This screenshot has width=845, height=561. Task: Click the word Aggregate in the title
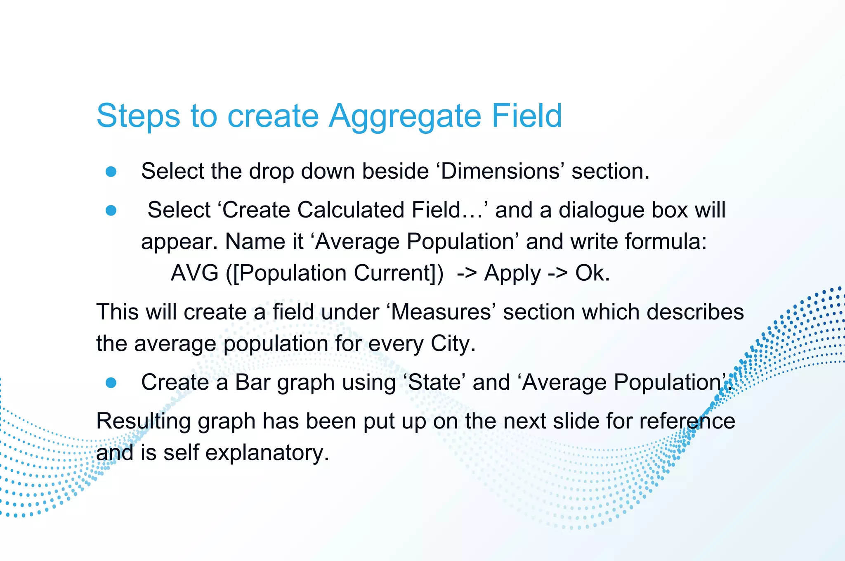tap(405, 116)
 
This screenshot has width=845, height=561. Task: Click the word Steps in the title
tap(138, 116)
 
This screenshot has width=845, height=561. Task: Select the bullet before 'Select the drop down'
tap(111, 171)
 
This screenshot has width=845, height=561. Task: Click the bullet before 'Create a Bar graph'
tap(111, 383)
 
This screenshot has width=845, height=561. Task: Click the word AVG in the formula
tap(194, 273)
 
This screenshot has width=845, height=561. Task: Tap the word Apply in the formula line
tap(512, 273)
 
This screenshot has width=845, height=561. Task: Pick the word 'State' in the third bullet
tap(434, 382)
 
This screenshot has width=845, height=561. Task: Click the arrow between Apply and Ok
tap(558, 273)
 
